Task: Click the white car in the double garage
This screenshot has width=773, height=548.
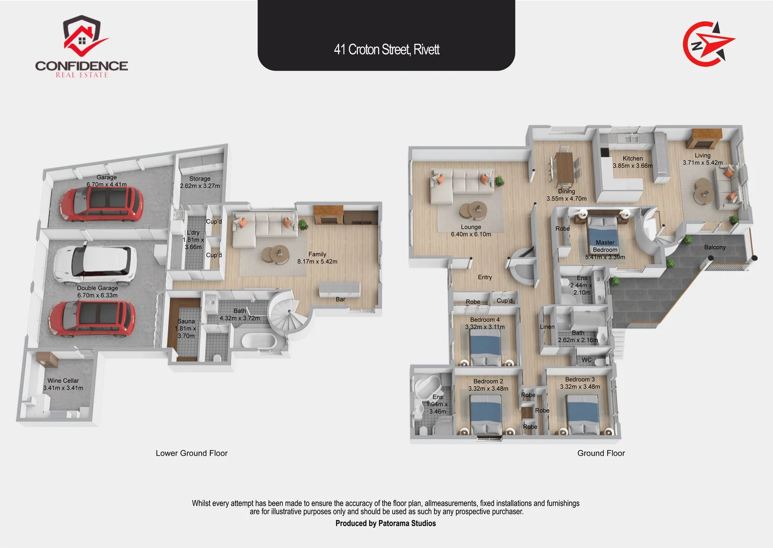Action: (x=95, y=263)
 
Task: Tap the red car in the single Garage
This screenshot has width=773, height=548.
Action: (x=101, y=204)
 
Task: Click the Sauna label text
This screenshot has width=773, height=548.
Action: (x=186, y=321)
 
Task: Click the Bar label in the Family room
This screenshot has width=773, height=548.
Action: (x=340, y=299)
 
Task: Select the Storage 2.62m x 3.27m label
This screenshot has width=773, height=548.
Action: (x=200, y=182)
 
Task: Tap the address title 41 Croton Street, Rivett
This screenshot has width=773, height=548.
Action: (x=386, y=50)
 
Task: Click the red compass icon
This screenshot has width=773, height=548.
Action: (x=708, y=44)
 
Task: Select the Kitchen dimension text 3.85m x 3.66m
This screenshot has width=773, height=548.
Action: (x=632, y=165)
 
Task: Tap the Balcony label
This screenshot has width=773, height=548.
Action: (x=715, y=248)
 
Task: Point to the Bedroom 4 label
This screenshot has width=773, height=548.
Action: (x=485, y=320)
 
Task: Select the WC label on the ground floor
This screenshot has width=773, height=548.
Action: (x=586, y=360)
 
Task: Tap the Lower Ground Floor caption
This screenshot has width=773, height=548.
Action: (x=192, y=453)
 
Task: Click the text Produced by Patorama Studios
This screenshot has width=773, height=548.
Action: (x=385, y=523)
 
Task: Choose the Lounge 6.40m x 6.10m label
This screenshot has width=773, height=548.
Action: (x=471, y=230)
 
